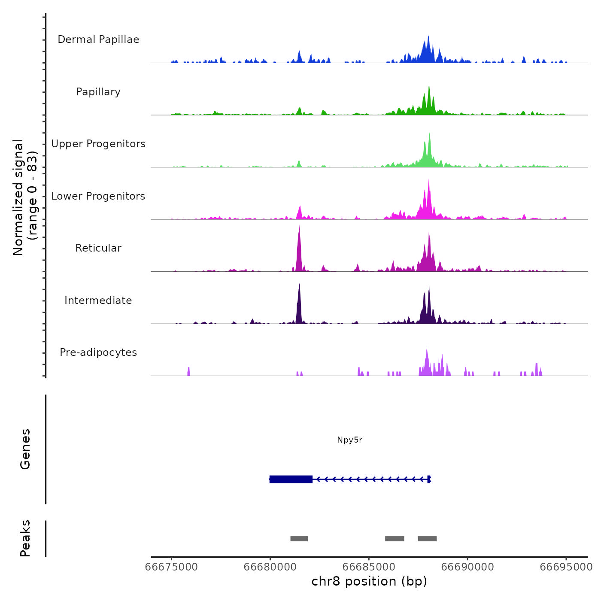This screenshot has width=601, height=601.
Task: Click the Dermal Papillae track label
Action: pos(98,39)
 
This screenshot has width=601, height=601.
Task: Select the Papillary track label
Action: pos(98,92)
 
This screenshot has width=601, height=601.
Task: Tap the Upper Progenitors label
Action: pos(98,144)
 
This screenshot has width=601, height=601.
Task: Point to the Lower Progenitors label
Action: pos(98,196)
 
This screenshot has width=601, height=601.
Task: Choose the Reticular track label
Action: pos(98,248)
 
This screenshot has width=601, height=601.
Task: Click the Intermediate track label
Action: pos(98,300)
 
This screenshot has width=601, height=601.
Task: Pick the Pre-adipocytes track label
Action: pos(98,352)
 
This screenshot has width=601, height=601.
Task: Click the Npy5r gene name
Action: pos(349,440)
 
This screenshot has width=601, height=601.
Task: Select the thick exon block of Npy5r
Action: pos(291,479)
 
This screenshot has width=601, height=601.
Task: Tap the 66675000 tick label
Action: pos(171,567)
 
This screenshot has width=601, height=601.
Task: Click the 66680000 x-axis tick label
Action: pos(270,567)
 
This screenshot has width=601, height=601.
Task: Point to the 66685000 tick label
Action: pos(369,567)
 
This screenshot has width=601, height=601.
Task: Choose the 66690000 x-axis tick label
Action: pos(467,567)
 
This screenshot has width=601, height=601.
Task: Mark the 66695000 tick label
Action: pos(566,567)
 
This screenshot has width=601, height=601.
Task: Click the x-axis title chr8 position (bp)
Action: pos(369,582)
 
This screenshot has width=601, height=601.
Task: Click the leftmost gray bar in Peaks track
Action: pos(299,539)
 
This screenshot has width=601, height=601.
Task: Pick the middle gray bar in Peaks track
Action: pos(395,539)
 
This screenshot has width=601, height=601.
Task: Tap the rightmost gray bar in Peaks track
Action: pos(427,539)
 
